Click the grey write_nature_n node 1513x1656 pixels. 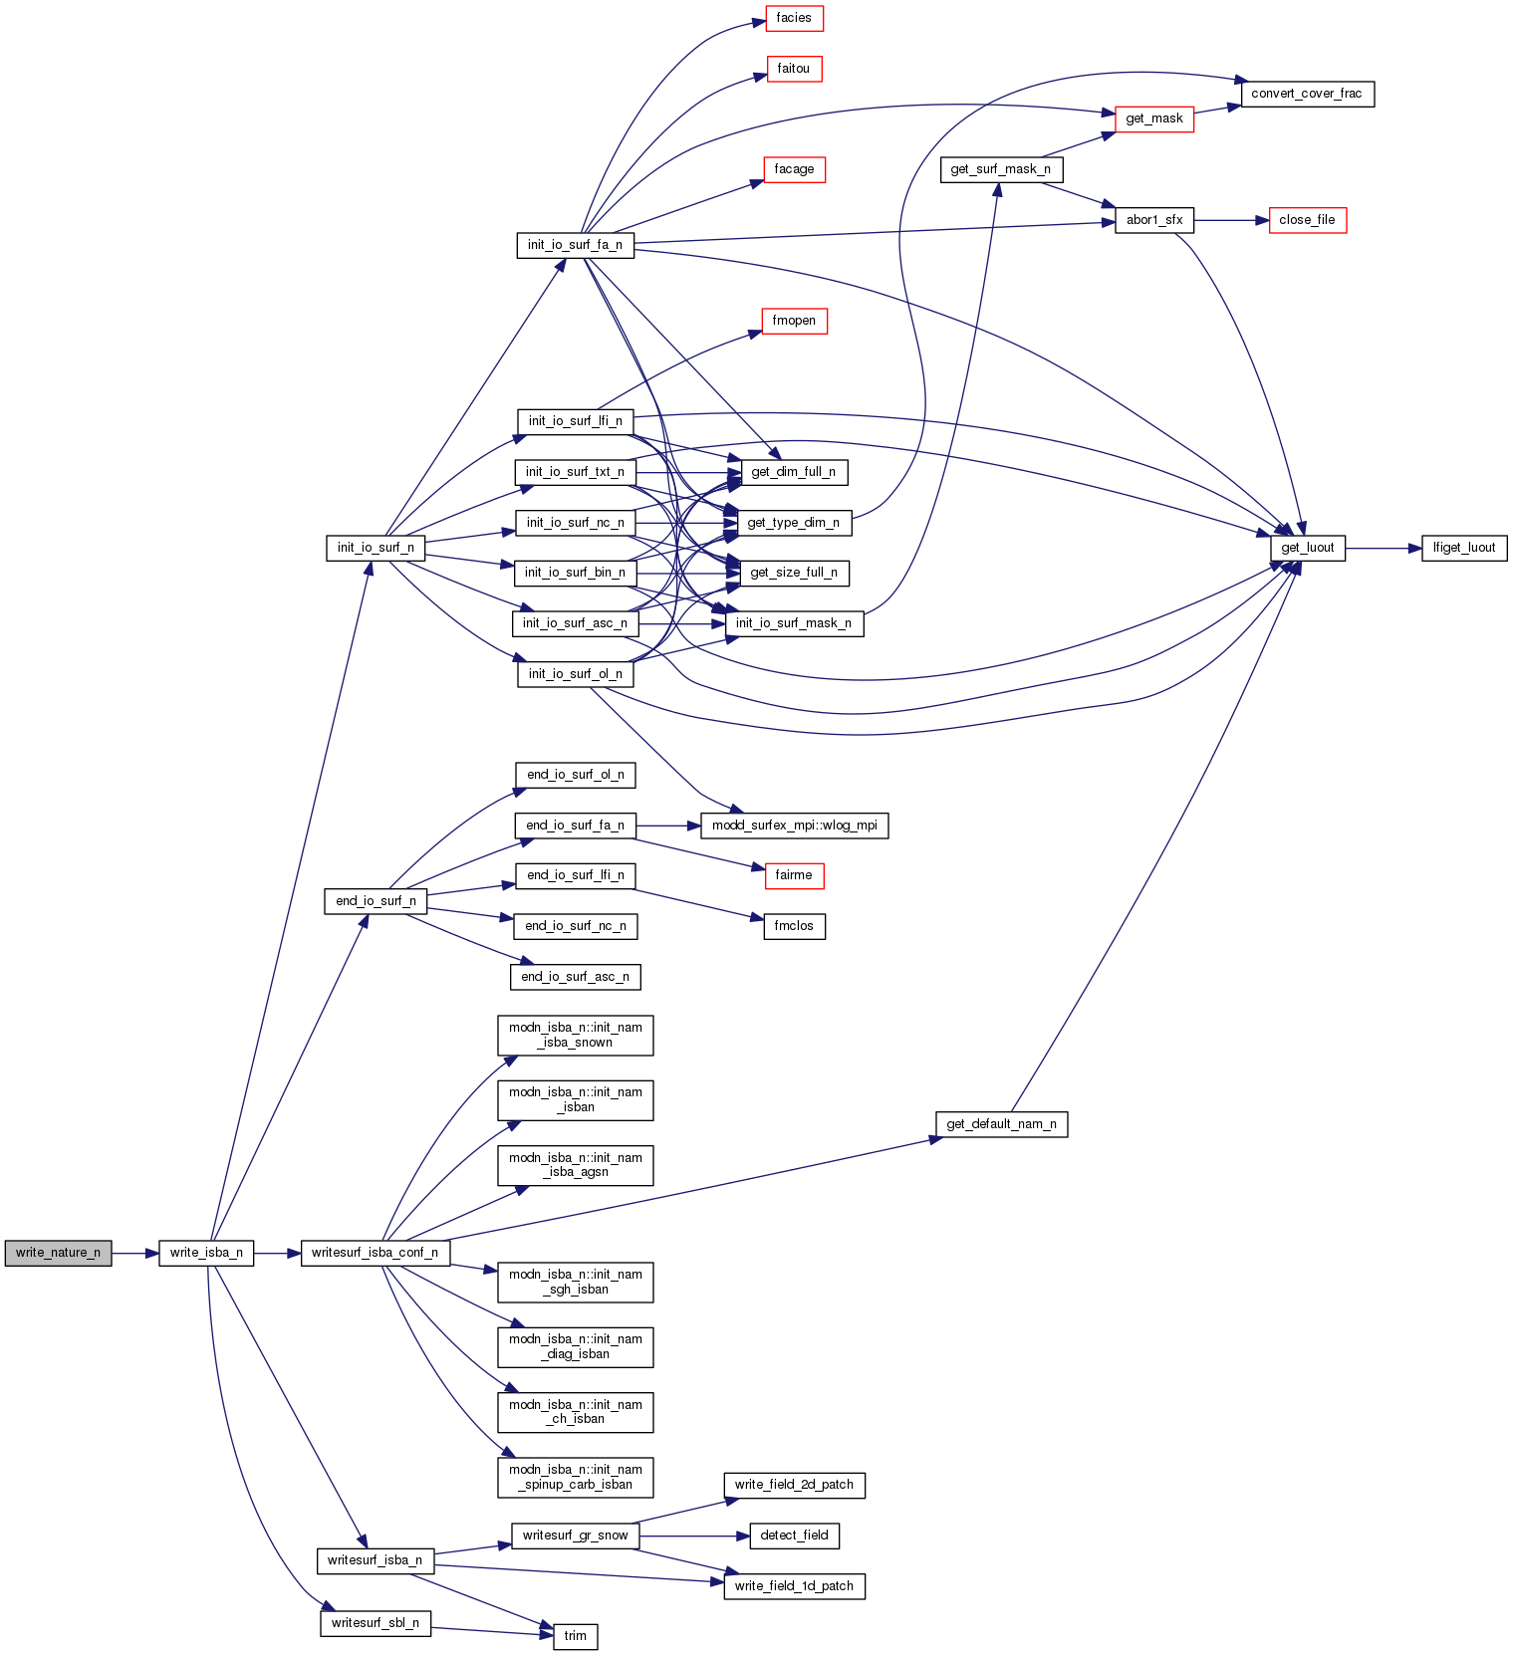pyautogui.click(x=58, y=1253)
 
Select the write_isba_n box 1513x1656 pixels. pyautogui.click(x=206, y=1253)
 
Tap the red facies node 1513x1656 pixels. pyautogui.click(x=794, y=18)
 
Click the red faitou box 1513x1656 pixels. pyautogui.click(x=794, y=69)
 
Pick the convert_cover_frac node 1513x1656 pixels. pyautogui.click(x=1307, y=94)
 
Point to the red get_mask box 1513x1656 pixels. pyautogui.click(x=1154, y=118)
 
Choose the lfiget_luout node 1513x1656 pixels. pyautogui.click(x=1464, y=548)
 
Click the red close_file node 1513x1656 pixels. pyautogui.click(x=1307, y=220)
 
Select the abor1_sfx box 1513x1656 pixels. pyautogui.click(x=1154, y=220)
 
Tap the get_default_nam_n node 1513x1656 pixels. pyautogui.click(x=1001, y=1124)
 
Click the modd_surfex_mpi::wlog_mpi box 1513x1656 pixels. pyautogui.click(x=794, y=826)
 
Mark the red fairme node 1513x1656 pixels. pyautogui.click(x=794, y=875)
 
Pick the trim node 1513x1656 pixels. pyautogui.click(x=576, y=1636)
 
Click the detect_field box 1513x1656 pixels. pyautogui.click(x=794, y=1536)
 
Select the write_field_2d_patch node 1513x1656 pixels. pyautogui.click(x=794, y=1485)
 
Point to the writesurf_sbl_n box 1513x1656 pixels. pyautogui.click(x=376, y=1623)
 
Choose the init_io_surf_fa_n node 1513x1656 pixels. pyautogui.click(x=575, y=245)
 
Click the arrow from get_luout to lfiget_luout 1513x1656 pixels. pyautogui.click(x=1384, y=548)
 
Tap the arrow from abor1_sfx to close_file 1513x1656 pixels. pyautogui.click(x=1231, y=220)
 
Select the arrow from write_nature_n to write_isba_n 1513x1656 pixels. pyautogui.click(x=135, y=1253)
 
